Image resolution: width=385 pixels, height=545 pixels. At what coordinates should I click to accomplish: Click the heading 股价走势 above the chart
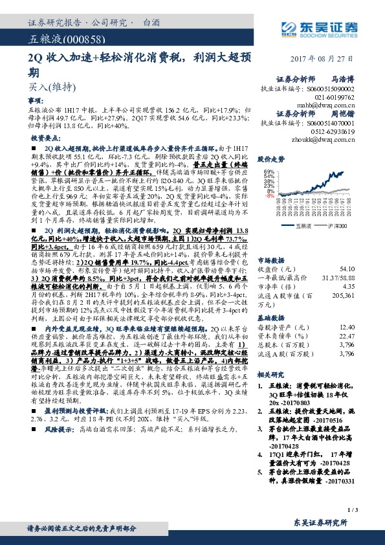(x=272, y=159)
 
